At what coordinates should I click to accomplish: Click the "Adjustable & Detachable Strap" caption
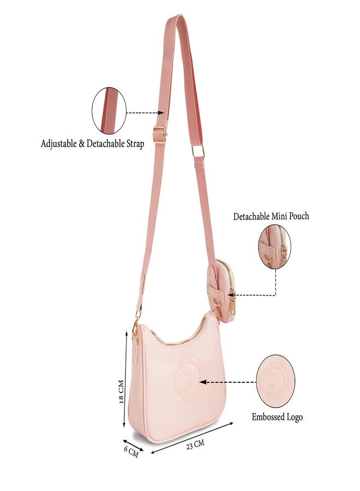point(92,143)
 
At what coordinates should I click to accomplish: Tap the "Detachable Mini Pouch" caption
point(271,216)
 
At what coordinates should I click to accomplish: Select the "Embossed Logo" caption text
point(277,417)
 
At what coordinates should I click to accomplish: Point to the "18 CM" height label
point(122,391)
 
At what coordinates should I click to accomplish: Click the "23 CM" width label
point(195,445)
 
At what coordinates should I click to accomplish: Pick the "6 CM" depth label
point(131,452)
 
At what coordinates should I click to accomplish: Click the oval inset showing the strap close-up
point(109,111)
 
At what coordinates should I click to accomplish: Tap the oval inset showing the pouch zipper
point(274,247)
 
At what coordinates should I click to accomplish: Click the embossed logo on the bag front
point(189,379)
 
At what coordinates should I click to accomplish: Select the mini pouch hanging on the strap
point(221,290)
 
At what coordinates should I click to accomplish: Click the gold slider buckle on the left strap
point(160,133)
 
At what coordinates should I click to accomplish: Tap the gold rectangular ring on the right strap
point(198,152)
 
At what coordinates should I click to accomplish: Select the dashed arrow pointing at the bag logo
point(227,382)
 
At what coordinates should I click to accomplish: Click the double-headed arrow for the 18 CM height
point(126,379)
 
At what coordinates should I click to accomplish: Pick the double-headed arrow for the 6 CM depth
point(133,445)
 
